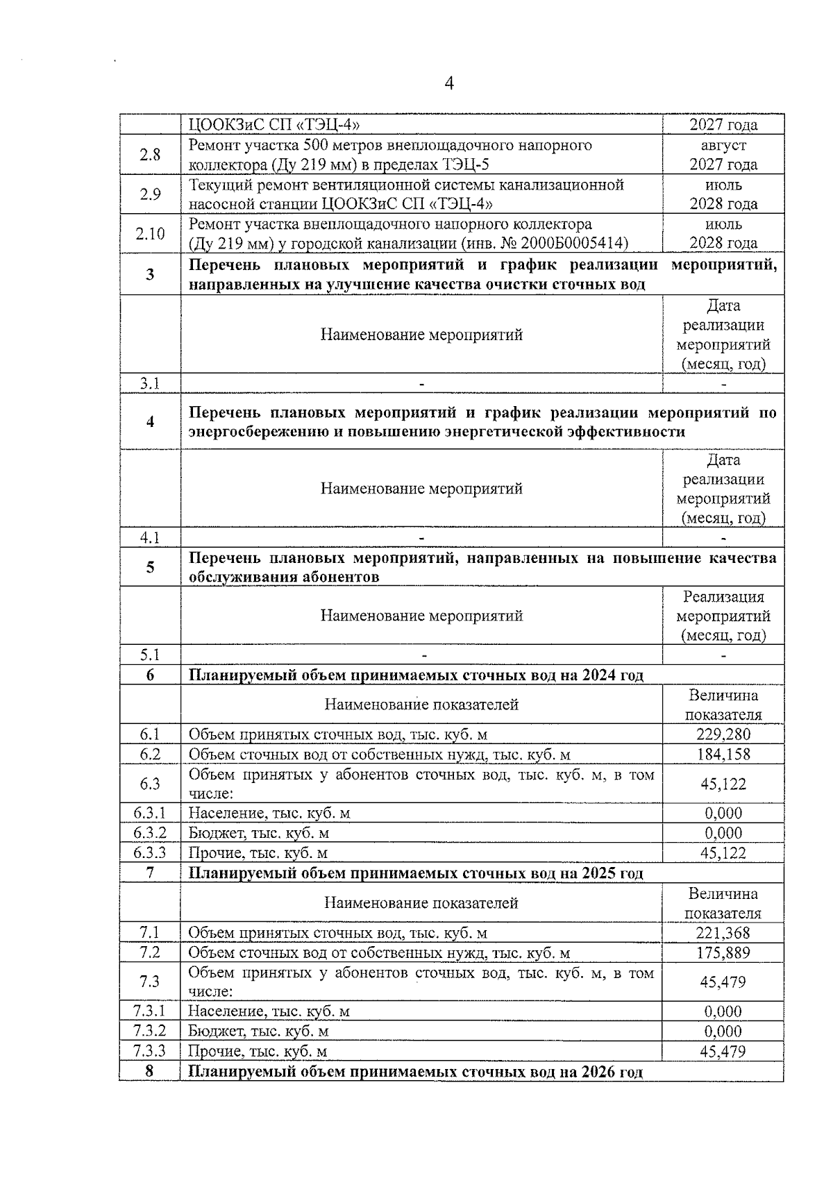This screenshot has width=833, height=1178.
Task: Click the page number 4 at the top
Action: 448,84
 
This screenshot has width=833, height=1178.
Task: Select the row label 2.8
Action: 150,155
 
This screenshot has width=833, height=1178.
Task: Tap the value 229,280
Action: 723,734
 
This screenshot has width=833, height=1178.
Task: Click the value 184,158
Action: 723,755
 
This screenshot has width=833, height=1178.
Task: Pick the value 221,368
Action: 723,933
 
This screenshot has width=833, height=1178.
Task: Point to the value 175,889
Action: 723,952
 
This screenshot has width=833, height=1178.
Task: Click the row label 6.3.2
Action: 150,833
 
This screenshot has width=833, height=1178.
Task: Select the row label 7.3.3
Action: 150,1051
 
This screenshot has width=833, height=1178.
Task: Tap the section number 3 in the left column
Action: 150,275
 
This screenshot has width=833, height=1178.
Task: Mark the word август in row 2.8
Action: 723,146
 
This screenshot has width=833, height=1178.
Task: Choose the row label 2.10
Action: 150,234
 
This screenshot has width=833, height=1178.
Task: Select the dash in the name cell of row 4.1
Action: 421,537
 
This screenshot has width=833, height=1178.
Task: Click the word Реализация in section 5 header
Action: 723,597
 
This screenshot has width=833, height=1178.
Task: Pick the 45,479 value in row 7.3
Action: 723,982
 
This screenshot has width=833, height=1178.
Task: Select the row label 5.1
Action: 150,655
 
